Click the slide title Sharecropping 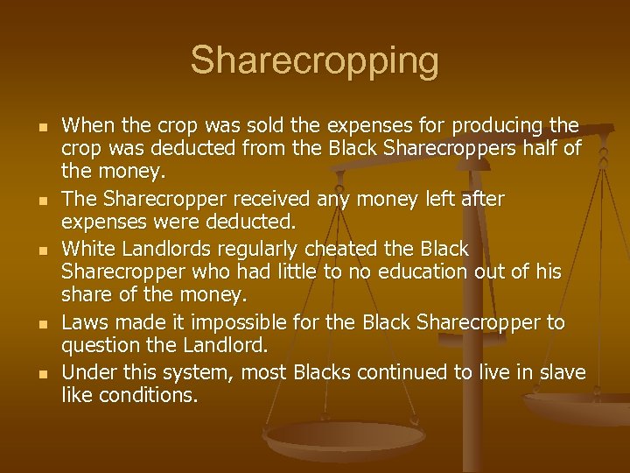315,61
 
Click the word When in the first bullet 87,126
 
